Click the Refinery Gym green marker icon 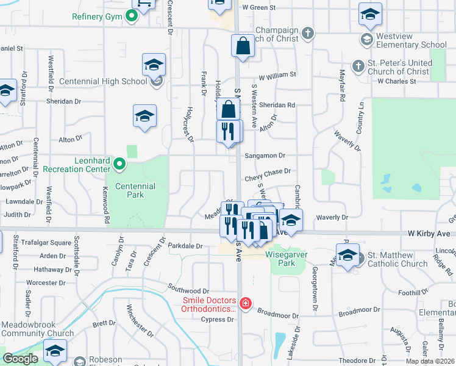click(x=131, y=16)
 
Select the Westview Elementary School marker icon click(x=366, y=40)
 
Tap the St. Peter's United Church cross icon click(x=358, y=66)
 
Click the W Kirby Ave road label click(x=430, y=234)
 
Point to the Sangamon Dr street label click(x=265, y=156)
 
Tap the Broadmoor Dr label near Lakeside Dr click(x=277, y=316)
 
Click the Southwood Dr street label click(x=189, y=292)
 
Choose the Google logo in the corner click(x=20, y=359)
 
